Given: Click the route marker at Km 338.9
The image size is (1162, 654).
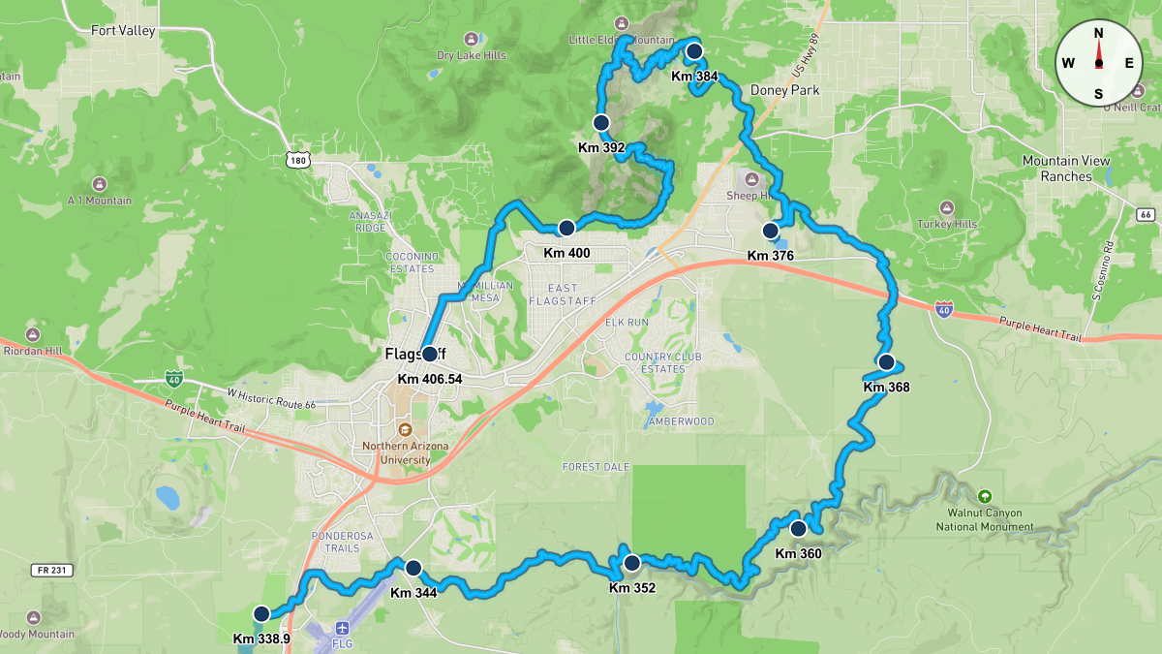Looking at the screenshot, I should [x=260, y=613].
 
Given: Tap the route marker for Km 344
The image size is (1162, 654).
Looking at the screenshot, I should [x=413, y=568].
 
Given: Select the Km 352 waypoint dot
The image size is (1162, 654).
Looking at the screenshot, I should [x=631, y=562].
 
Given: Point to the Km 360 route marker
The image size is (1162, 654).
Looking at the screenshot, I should [x=798, y=529].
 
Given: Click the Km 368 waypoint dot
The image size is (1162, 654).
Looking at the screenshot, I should [x=885, y=362].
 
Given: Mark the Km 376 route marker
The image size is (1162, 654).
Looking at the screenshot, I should [x=770, y=231].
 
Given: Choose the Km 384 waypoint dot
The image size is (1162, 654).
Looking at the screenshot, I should [x=693, y=51].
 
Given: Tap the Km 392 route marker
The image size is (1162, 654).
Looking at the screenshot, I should [x=600, y=123].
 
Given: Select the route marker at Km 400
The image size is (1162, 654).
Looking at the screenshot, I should [x=566, y=228].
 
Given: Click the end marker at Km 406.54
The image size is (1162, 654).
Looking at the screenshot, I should [x=429, y=354].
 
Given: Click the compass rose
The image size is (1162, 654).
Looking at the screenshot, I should [x=1098, y=63].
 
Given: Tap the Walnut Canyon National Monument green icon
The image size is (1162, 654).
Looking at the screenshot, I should [x=985, y=496].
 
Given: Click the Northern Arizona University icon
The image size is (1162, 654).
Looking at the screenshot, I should [x=405, y=429].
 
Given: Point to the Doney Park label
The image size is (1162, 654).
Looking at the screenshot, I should [x=784, y=90].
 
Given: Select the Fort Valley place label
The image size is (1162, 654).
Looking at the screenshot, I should [x=123, y=31].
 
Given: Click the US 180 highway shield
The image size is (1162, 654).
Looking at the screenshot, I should [x=297, y=158].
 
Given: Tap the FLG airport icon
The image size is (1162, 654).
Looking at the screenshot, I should [x=342, y=629].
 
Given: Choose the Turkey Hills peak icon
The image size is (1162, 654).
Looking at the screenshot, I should [x=946, y=207].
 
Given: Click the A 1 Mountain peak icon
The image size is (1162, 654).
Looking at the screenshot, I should [x=100, y=184].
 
